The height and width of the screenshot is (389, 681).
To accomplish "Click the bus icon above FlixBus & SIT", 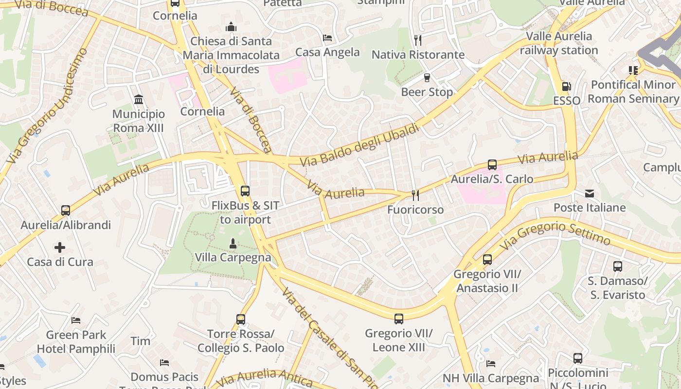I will (x=245, y=191).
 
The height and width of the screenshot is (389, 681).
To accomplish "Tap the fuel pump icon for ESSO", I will (x=566, y=87).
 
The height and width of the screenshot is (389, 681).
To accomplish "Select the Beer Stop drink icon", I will (x=427, y=78).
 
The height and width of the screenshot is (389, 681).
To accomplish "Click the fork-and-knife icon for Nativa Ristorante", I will (x=418, y=40).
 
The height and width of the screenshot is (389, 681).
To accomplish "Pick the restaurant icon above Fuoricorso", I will (x=415, y=195).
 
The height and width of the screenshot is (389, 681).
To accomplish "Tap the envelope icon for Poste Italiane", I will (x=590, y=194).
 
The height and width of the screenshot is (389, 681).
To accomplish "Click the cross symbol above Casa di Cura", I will (x=60, y=248).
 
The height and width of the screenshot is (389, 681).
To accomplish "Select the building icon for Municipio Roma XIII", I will (x=139, y=100).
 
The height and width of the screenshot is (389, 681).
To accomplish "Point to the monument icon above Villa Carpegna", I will (x=233, y=243).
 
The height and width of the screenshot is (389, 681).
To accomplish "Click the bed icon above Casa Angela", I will (x=327, y=38).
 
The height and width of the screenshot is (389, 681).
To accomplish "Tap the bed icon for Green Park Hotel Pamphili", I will (x=76, y=320).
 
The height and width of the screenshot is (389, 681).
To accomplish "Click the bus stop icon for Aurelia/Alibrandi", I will (x=66, y=211).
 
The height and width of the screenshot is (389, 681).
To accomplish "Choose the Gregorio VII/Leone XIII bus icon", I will (x=399, y=319).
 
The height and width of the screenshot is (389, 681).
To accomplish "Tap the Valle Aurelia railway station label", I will (x=559, y=43).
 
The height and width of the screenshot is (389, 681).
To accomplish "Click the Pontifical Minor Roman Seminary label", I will (x=633, y=91).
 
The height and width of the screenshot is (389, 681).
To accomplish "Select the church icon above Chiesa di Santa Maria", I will (x=231, y=27).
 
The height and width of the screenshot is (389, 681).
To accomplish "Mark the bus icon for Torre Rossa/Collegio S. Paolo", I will (x=241, y=319).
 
